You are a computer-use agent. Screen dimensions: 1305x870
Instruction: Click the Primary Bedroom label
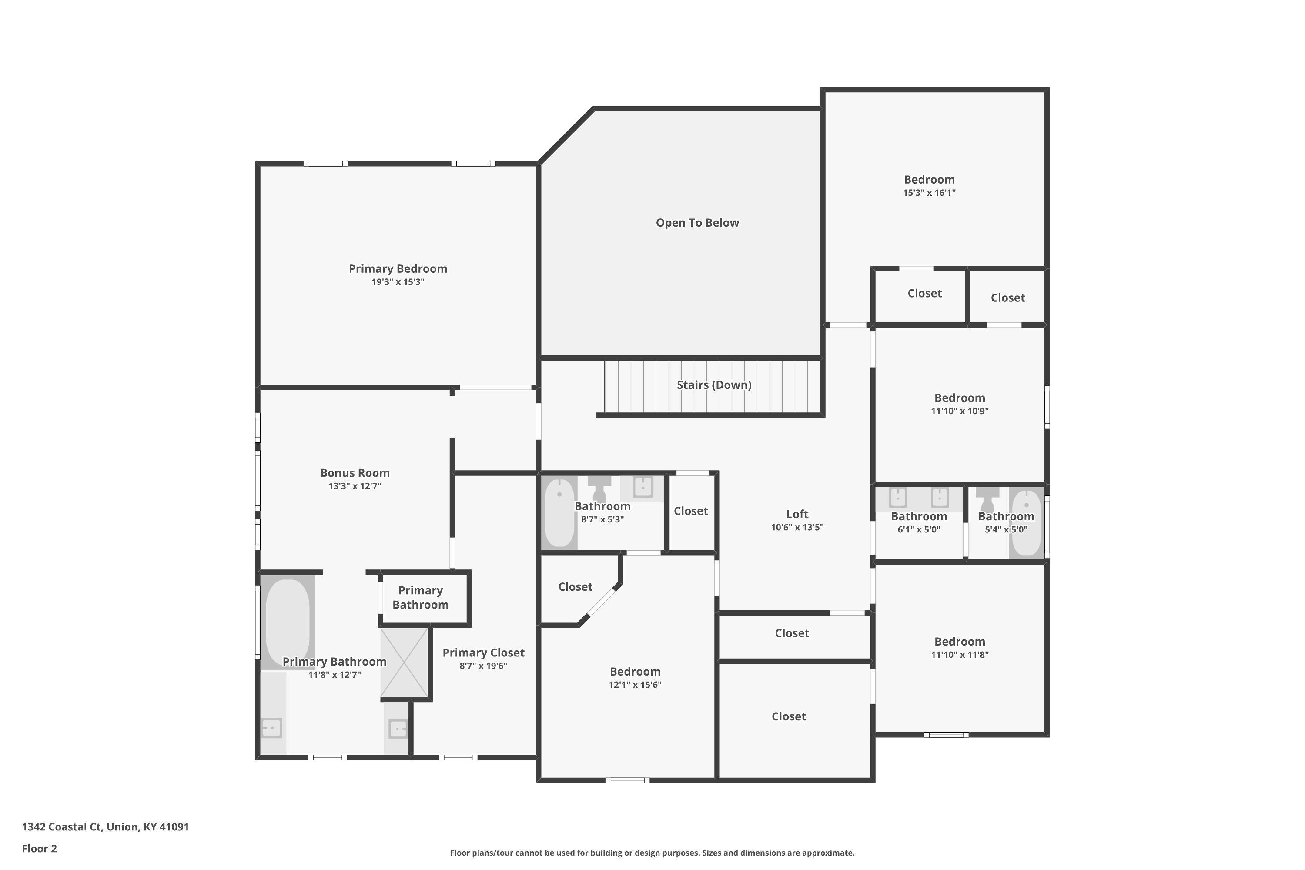point(398,268)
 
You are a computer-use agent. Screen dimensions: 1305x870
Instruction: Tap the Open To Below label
point(697,222)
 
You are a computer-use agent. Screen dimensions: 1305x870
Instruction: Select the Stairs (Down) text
point(714,385)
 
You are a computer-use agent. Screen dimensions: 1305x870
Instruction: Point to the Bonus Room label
point(355,473)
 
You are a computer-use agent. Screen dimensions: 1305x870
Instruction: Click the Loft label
point(797,514)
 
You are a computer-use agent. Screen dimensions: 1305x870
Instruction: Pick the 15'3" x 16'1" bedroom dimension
point(929,193)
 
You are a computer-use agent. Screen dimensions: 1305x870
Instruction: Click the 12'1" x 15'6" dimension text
point(635,685)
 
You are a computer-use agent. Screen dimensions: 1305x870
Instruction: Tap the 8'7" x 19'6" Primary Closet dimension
point(483,666)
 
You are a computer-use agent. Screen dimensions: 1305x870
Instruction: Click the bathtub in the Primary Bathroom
point(288,622)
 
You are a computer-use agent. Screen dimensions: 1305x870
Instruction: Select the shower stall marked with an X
point(405,662)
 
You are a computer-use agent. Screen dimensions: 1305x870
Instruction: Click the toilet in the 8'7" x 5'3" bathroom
point(599,488)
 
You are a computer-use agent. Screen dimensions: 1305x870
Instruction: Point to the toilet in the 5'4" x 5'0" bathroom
point(987,499)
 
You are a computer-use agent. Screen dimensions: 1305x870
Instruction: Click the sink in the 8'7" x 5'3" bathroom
point(643,487)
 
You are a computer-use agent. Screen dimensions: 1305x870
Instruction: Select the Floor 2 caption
point(40,848)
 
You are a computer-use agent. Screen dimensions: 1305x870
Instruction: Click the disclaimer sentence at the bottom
point(652,853)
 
